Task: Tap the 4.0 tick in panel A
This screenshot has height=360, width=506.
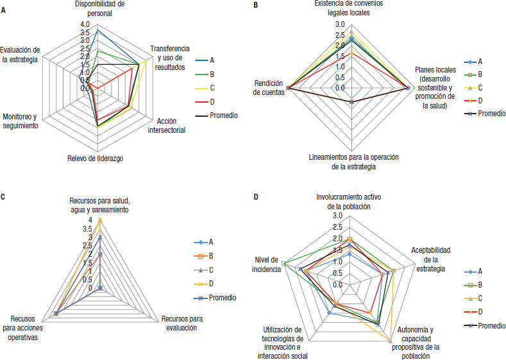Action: tap(85, 25)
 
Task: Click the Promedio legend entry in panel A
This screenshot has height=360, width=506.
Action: tap(221, 116)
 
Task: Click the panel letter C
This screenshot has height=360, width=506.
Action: tap(3, 196)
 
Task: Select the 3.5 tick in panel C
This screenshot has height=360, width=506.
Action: tap(86, 229)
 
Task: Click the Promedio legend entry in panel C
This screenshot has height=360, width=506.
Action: tap(223, 297)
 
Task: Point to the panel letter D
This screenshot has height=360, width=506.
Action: tap(256, 196)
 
